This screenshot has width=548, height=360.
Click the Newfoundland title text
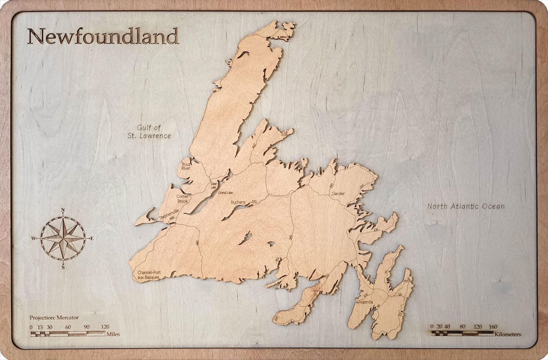[102, 36]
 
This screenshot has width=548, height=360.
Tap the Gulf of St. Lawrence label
[149, 132]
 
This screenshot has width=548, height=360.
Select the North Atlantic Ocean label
[466, 206]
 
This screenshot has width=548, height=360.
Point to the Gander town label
[338, 194]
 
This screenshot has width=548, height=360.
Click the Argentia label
[366, 302]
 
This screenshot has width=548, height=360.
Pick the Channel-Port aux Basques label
[149, 275]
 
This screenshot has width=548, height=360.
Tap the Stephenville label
[169, 214]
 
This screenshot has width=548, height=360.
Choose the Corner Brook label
[182, 199]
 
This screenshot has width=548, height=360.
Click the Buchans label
[237, 202]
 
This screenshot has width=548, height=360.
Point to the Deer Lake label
[213, 185]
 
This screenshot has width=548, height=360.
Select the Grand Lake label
[225, 193]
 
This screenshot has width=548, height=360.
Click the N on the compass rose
[62, 210]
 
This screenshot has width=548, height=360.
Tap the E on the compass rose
[91, 238]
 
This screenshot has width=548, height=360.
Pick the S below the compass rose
[63, 267]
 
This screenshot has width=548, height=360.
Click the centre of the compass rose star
[63, 238]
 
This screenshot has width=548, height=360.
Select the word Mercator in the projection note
[67, 317]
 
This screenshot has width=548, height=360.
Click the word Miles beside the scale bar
[113, 334]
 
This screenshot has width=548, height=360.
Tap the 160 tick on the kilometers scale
[492, 327]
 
